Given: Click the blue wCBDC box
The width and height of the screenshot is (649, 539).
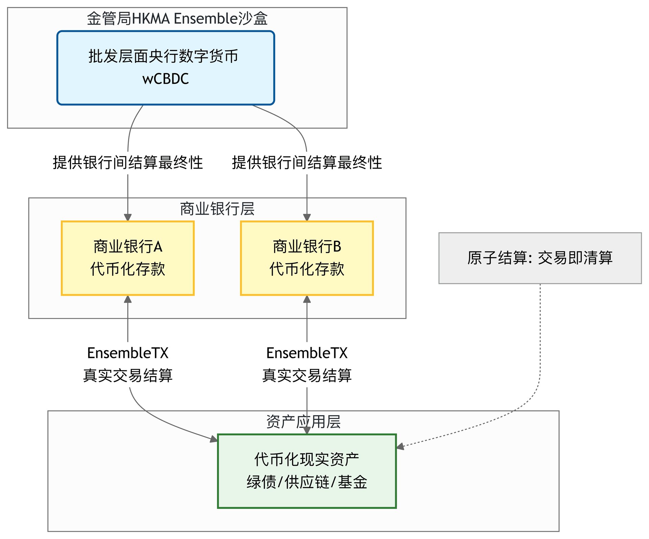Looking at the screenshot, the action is coord(166,68).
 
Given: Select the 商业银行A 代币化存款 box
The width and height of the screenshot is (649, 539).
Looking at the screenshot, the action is coord(128,258).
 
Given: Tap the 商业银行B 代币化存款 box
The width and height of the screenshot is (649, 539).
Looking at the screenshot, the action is coord(307,258).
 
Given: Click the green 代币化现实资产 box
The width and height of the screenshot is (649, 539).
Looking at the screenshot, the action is coord(307,471).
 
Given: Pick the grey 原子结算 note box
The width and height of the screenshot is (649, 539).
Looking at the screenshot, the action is coord(540,258).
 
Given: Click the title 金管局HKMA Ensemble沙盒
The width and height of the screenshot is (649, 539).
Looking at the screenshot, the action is coord(177,18).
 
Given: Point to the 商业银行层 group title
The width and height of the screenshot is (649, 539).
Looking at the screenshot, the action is coord(217,209).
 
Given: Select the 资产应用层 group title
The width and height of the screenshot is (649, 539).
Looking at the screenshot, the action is coord(304,421).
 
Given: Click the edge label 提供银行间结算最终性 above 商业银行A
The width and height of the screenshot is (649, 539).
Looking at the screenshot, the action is coord(128,162).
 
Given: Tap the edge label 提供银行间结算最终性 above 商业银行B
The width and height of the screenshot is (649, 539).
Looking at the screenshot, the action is coord(307,162).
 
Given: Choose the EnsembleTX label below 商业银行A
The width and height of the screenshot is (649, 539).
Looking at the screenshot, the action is coord(128,353).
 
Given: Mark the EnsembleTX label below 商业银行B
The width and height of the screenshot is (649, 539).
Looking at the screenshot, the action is coord(307,353).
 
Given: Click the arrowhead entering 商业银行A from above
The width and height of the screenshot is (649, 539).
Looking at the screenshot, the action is coord(128,218).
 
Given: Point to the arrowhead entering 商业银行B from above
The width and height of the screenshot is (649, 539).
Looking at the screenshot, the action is coord(307,218).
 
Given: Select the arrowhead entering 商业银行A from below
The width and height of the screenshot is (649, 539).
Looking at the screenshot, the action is coord(128,299).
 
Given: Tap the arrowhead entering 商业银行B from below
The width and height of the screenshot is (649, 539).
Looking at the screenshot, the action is coord(307,299).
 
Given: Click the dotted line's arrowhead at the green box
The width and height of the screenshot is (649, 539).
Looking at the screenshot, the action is coord(400,447).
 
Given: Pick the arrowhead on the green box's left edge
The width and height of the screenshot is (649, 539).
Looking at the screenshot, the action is coord(214,439).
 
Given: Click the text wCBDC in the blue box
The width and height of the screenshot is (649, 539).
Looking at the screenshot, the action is coord(166,79).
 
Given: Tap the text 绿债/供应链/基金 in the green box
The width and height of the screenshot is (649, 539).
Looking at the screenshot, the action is coord(307,482).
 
